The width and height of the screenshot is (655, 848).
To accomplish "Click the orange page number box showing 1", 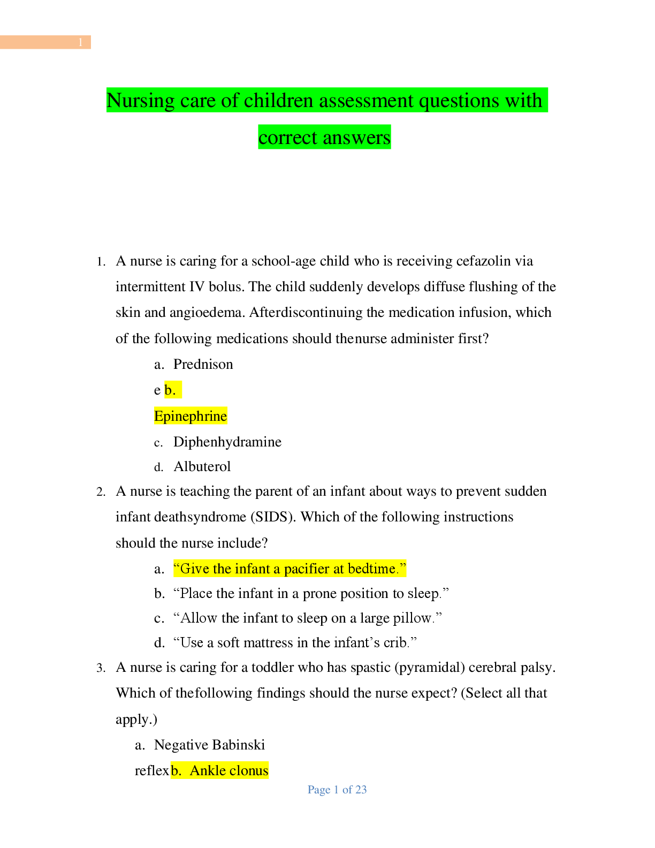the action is coord(45,42).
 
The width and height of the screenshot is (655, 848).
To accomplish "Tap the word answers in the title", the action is coord(356,138).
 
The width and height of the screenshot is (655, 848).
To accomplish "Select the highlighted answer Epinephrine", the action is coord(191,416).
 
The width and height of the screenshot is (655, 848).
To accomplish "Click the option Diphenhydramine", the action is coord(227,442).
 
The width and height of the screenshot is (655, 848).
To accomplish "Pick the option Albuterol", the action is coord(202,466).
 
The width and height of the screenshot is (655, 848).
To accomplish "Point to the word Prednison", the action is coord(203,364).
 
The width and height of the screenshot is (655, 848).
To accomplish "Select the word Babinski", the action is coord(239,745).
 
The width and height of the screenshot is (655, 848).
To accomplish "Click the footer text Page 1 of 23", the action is coord(337,790).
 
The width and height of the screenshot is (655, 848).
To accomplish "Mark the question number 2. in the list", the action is coord(101,491).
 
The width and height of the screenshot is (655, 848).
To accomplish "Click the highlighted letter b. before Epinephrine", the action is coord(171,390).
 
